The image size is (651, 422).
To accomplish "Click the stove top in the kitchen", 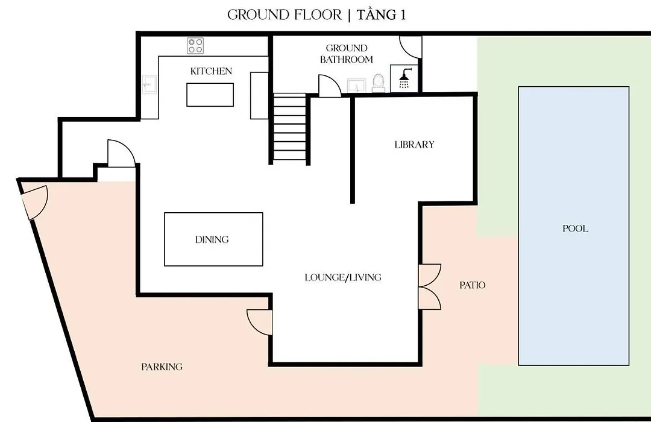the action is point(195,46).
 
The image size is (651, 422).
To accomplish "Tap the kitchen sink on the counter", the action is point(149,84).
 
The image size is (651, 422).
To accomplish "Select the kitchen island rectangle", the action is point(210,95).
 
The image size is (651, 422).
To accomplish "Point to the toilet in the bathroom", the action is point(378,83).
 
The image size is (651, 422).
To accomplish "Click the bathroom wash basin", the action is point(356,85).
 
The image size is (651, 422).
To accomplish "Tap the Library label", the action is point(414,145).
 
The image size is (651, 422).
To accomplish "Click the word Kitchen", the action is point(212,71).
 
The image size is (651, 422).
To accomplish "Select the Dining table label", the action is point(212,239).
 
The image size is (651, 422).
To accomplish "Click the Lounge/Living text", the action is point(343,277).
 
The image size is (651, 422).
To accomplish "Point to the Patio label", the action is point(473,285).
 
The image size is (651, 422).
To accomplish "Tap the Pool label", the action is point(575,228).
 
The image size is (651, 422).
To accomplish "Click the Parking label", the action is point(162,367).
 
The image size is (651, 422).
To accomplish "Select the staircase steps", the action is point(290,128).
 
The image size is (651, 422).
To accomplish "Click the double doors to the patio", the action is point(429,286).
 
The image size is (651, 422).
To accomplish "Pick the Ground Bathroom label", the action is point(347,54).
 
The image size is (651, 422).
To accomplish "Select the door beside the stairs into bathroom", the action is point(330,86).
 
